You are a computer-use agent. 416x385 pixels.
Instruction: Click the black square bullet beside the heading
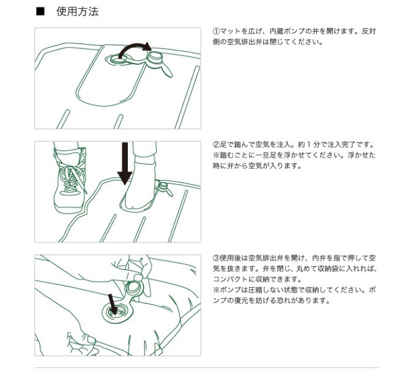tap(40, 12)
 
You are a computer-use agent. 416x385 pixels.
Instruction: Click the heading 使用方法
tap(78, 12)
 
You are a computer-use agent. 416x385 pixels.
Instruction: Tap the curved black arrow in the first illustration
tap(133, 48)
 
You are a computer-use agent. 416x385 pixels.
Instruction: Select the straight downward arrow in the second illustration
tap(125, 163)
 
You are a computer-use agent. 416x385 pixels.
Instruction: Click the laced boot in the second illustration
tap(70, 181)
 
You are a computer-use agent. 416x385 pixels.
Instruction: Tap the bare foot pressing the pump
tap(140, 185)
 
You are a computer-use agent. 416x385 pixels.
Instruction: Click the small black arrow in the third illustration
tap(113, 304)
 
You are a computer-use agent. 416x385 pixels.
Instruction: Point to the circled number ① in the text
tap(216, 31)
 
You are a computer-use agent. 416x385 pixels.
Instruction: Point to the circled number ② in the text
tap(216, 144)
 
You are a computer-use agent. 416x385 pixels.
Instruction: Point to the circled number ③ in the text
tap(216, 258)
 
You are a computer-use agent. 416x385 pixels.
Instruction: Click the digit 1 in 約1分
tap(308, 144)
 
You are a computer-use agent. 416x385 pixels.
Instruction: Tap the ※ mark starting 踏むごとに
tap(216, 155)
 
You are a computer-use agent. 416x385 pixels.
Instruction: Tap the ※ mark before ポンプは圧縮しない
tap(216, 290)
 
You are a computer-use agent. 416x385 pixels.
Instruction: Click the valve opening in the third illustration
tap(116, 313)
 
